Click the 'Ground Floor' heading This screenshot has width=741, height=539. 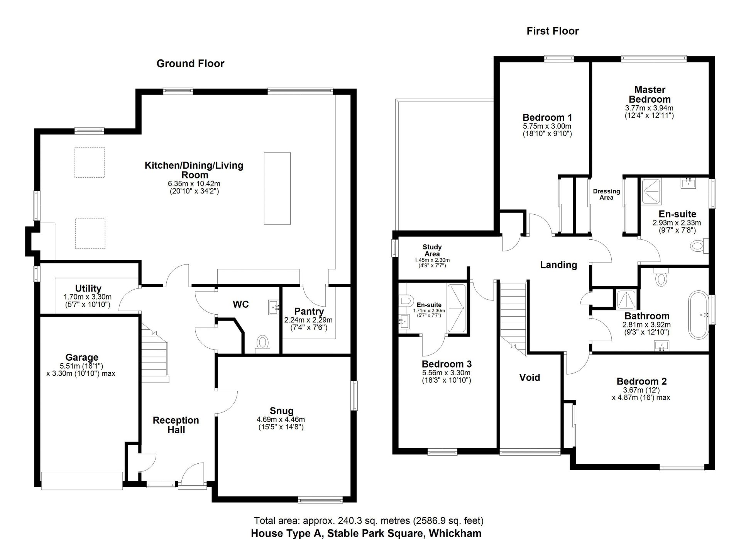click(190, 63)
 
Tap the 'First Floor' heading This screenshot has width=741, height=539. click(552, 31)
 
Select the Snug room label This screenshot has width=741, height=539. click(281, 411)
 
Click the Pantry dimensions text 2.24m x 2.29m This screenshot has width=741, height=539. click(308, 320)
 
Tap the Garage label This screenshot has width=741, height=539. click(82, 357)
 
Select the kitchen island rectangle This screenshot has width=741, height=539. click(277, 188)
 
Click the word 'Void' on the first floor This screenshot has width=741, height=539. click(529, 377)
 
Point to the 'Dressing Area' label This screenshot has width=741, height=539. click(606, 194)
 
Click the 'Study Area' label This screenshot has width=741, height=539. click(432, 250)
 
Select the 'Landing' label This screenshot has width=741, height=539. click(558, 265)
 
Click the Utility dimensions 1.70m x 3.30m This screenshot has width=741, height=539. click(88, 297)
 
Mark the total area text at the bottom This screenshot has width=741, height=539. click(368, 520)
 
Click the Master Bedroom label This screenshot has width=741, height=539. click(650, 94)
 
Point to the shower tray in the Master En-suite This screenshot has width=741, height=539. click(651, 192)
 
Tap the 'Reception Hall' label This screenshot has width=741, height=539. click(176, 425)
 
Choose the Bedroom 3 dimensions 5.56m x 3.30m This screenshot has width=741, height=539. click(446, 373)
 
